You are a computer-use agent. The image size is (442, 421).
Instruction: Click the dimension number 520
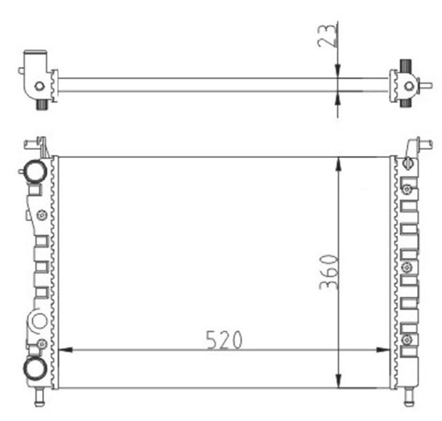click(224, 340)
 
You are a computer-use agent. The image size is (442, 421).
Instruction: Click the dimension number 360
click(329, 272)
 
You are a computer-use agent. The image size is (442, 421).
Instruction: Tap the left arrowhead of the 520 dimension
click(64, 351)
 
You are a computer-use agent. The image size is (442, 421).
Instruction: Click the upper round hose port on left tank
click(35, 170)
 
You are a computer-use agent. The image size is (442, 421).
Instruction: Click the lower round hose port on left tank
click(35, 366)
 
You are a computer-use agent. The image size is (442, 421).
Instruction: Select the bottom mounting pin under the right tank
click(407, 398)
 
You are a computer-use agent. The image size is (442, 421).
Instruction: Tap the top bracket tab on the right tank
click(415, 146)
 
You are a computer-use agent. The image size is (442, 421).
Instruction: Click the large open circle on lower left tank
click(38, 320)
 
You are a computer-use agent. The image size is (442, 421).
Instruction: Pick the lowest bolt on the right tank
click(407, 339)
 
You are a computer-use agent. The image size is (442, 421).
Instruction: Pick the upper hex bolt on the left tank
click(41, 214)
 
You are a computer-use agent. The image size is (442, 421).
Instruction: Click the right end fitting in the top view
click(407, 86)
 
